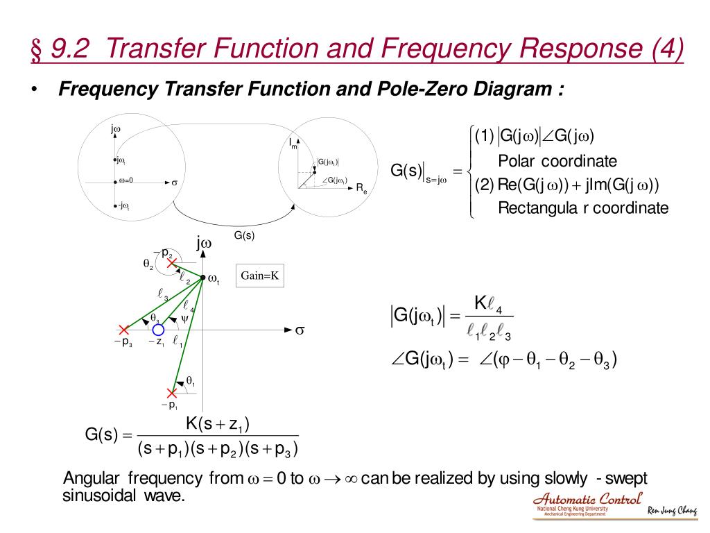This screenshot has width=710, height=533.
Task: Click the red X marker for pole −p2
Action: pos(171,262)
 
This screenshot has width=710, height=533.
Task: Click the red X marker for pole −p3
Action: pos(123,330)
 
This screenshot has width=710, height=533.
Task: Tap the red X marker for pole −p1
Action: pos(172,393)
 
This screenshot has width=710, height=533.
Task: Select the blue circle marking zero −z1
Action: pos(158,330)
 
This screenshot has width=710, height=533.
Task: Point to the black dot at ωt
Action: pos(203,278)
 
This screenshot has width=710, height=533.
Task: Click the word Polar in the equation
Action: pos(517,162)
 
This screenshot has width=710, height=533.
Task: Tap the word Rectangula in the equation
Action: pos(534,208)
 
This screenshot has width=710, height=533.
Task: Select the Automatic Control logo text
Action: pos(588,499)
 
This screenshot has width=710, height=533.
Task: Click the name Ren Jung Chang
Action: pos(672,512)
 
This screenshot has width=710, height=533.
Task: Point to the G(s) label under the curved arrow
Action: pos(243,235)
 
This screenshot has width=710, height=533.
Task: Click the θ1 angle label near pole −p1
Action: pos(190,382)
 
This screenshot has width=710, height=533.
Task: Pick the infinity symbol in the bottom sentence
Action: pos(351,479)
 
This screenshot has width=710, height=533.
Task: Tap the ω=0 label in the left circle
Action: pos(125,181)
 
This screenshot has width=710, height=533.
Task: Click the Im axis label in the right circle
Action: pos(293,144)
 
